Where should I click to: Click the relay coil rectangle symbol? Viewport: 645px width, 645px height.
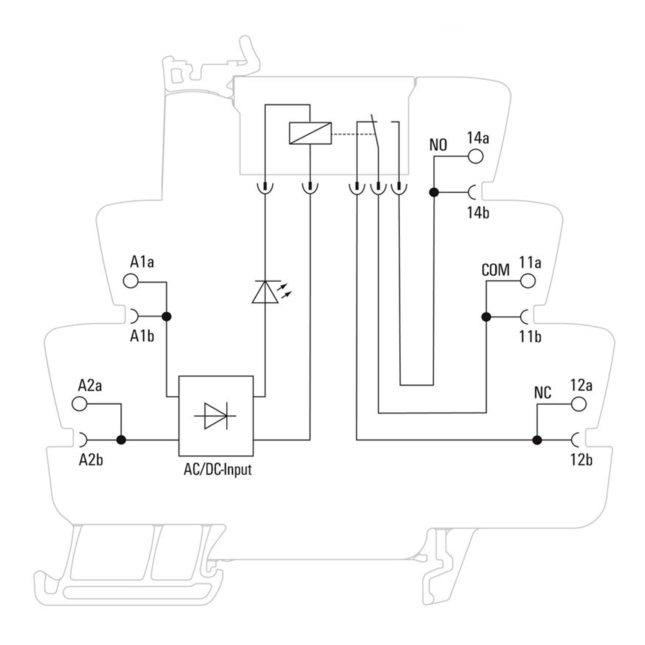310,133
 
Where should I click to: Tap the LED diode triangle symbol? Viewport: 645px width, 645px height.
265,293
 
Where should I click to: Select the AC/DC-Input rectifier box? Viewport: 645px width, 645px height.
216,416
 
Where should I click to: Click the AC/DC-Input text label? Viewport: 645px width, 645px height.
217,469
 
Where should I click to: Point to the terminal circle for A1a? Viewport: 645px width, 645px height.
131,281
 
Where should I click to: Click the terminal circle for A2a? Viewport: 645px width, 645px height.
79,404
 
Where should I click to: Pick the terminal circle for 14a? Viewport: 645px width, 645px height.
475,156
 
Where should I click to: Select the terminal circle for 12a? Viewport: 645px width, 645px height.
578,404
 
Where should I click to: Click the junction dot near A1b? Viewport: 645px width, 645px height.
167,316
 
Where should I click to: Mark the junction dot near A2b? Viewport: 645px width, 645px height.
121,440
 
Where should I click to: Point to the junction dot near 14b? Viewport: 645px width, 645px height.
434,192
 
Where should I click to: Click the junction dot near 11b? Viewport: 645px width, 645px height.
486,317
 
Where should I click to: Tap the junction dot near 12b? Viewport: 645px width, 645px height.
537,440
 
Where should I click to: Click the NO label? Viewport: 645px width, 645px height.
438,145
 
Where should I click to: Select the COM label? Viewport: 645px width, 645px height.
496,270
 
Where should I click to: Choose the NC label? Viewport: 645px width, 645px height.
542,392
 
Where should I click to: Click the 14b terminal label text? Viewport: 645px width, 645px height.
478,213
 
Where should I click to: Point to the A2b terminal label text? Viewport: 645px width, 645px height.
91,460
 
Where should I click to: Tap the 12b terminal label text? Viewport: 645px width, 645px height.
581,460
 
